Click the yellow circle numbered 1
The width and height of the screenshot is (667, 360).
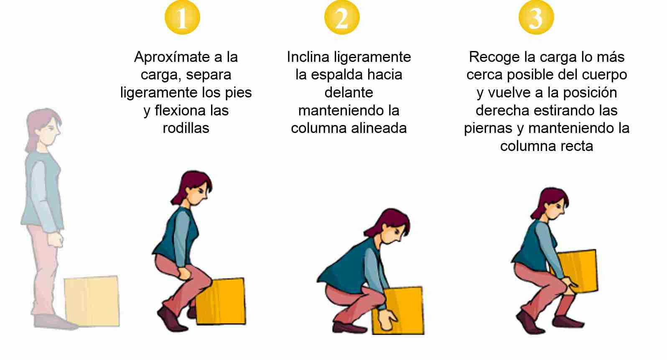point(182,17)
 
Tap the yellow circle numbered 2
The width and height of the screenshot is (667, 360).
point(342,17)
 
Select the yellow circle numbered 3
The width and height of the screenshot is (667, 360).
point(536,17)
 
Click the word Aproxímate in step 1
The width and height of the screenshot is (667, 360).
point(172,57)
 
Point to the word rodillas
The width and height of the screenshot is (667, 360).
point(186,128)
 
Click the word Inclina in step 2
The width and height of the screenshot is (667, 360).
point(308,56)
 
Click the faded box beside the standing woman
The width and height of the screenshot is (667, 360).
point(92,301)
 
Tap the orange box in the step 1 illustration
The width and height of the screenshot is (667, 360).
point(221,301)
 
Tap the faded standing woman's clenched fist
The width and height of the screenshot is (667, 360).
point(56,240)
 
